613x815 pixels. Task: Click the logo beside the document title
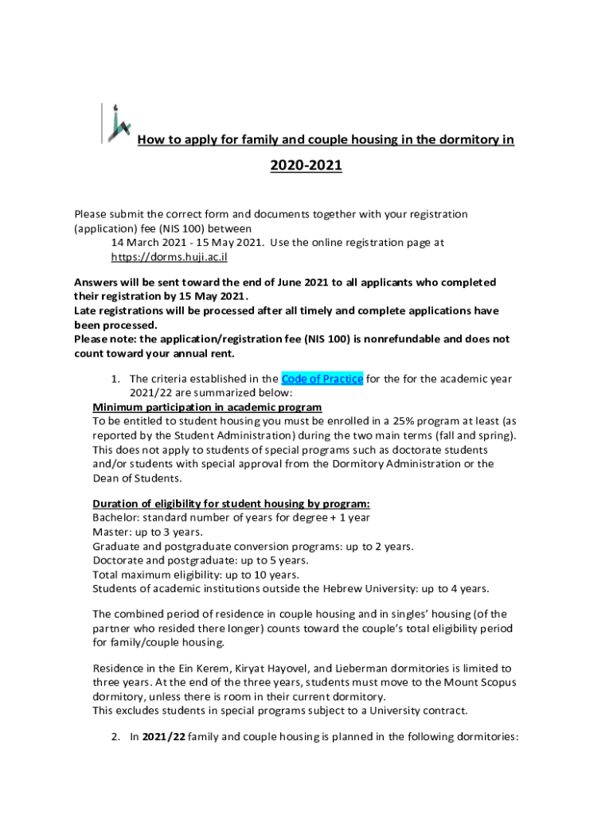(x=115, y=123)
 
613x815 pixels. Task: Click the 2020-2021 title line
(x=306, y=166)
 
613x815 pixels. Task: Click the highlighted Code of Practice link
(x=322, y=379)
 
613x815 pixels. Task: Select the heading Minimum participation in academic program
(x=207, y=407)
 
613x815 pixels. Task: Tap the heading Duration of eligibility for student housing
(x=231, y=504)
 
